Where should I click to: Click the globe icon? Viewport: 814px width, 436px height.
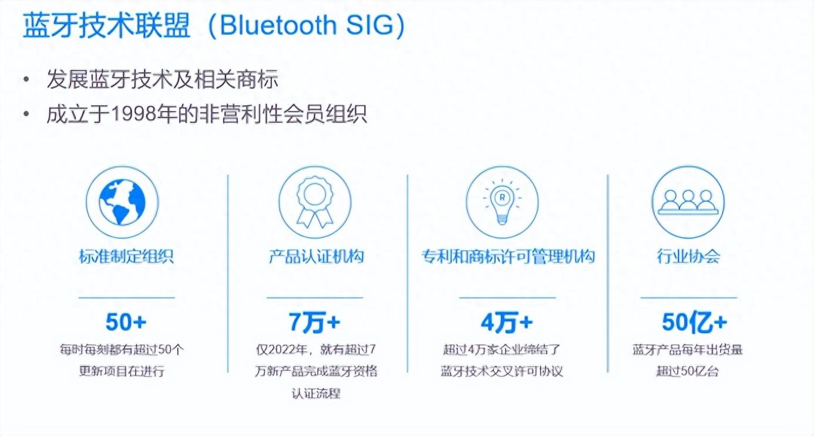coord(122,202)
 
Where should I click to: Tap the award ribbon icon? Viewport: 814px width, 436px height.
coord(315,202)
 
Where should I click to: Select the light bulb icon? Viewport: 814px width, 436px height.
coord(502,202)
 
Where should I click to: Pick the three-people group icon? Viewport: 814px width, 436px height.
coord(688,202)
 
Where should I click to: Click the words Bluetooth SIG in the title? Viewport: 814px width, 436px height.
coord(307,25)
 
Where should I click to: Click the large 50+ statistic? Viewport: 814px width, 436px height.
coord(126,322)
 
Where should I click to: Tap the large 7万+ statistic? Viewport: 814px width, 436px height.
coord(314,322)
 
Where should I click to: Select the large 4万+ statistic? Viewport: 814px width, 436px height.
coord(507,322)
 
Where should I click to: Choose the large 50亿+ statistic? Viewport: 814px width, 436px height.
coord(694,322)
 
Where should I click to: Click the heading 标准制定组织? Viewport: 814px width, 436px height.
coord(126,256)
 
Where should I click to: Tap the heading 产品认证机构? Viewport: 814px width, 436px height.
coord(316,256)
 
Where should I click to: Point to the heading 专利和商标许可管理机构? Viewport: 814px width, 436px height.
coord(508,256)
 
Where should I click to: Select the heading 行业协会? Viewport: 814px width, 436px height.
coord(688,256)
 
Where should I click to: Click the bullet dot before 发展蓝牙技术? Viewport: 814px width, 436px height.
coord(26,79)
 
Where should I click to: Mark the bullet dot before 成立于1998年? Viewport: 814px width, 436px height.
coord(26,114)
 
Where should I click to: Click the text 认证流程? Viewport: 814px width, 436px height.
coord(316,393)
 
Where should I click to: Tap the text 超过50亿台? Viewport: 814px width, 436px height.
coord(687,371)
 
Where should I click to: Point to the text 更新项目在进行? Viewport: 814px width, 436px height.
coord(122,371)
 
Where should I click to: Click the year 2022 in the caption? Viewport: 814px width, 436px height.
coord(282,350)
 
